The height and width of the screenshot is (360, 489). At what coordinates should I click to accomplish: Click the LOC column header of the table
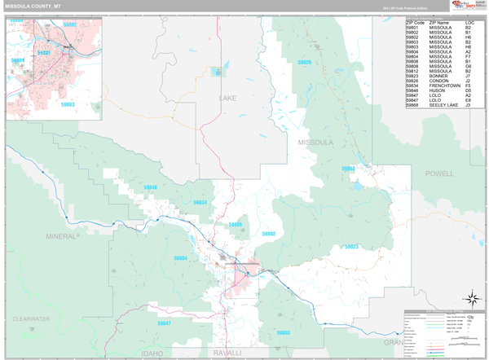469,22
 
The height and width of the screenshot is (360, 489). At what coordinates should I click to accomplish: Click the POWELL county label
439,174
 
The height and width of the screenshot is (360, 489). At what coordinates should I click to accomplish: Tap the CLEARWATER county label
31,319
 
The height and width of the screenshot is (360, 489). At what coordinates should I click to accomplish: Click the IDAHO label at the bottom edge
152,353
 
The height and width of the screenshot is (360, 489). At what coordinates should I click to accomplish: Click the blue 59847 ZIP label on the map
164,323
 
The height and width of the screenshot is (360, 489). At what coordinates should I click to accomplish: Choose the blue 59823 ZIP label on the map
352,246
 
